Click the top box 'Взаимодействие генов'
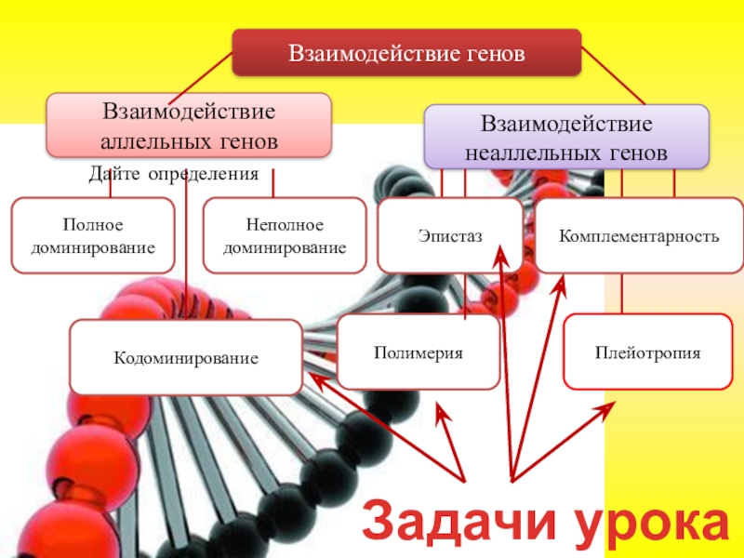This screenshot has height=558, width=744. [x=406, y=52]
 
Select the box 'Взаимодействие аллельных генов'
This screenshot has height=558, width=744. [x=189, y=124]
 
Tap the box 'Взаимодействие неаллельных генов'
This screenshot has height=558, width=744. [x=566, y=136]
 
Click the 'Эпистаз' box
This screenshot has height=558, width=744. [x=451, y=236]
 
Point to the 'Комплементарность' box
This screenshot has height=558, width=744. [x=639, y=236]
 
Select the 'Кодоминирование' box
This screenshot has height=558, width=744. [x=186, y=357]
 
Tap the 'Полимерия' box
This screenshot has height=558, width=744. [x=418, y=352]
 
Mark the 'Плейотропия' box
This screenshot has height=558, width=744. [x=648, y=352]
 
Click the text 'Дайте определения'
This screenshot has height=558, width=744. [x=173, y=174]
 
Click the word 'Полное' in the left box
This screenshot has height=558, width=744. [x=92, y=226]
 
